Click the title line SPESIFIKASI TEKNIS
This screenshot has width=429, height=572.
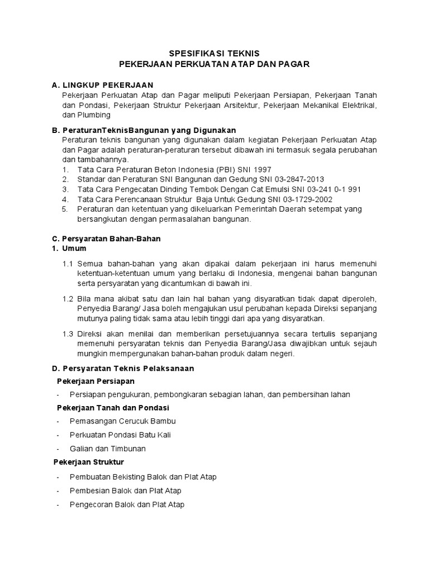click(x=214, y=54)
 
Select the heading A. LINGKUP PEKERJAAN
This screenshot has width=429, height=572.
click(x=102, y=85)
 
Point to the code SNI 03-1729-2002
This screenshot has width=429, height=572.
click(x=303, y=199)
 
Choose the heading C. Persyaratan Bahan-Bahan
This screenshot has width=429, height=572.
click(x=106, y=239)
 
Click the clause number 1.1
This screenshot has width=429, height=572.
click(x=68, y=263)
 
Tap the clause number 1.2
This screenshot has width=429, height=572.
click(x=68, y=298)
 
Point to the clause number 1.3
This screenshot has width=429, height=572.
click(x=68, y=333)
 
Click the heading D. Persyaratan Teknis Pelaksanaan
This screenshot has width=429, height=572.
click(x=123, y=369)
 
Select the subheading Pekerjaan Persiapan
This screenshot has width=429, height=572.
click(x=96, y=381)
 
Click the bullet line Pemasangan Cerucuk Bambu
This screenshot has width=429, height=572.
click(x=123, y=421)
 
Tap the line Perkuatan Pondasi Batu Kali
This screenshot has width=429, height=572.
click(x=126, y=435)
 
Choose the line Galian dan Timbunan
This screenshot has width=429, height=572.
click(x=108, y=449)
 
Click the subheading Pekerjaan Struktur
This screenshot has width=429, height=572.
click(x=89, y=462)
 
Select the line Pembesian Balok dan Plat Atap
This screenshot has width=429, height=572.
click(x=126, y=490)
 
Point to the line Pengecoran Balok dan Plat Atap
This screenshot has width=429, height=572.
click(x=127, y=504)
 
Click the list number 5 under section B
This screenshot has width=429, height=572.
click(x=65, y=209)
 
